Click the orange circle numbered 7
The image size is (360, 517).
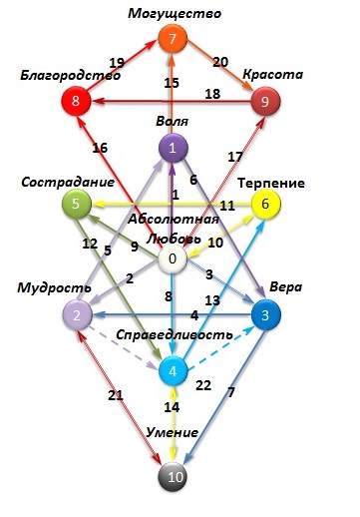tap(173, 39)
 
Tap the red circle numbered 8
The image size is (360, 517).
tap(76, 101)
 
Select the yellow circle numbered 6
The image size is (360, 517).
tap(265, 204)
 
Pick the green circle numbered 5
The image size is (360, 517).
tap(76, 204)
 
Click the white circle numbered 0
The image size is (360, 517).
tap(172, 258)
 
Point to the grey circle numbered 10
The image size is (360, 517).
tap(173, 477)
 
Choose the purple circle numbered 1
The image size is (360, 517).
tap(173, 148)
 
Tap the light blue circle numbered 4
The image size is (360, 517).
tap(173, 371)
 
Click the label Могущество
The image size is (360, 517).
tap(175, 14)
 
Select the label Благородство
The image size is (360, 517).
tap(71, 76)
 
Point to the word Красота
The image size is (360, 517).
tap(272, 74)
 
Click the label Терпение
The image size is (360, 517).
tap(271, 183)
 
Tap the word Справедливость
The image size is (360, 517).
tap(175, 334)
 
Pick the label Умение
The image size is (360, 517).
tap(173, 432)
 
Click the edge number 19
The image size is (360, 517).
tap(117, 63)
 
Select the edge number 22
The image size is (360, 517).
tap(203, 385)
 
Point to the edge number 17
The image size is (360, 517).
tap(235, 157)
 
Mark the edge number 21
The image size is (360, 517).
tap(116, 395)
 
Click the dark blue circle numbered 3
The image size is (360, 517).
tap(265, 315)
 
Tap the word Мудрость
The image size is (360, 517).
tap(54, 287)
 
